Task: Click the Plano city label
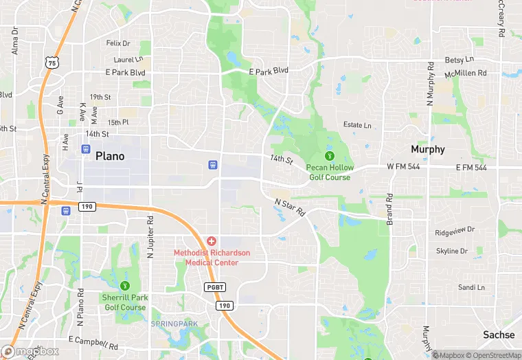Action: pyautogui.click(x=110, y=156)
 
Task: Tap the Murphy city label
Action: pyautogui.click(x=427, y=149)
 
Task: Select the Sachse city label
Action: pyautogui.click(x=499, y=335)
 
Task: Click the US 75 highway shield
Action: pyautogui.click(x=51, y=63)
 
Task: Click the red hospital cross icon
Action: pyautogui.click(x=212, y=241)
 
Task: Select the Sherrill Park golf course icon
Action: pyautogui.click(x=124, y=286)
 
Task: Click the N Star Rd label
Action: pyautogui.click(x=290, y=208)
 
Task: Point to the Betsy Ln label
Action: pyautogui.click(x=459, y=60)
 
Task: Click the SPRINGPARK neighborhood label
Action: pyautogui.click(x=174, y=323)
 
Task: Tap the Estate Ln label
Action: pyautogui.click(x=357, y=126)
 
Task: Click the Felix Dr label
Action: pyautogui.click(x=118, y=43)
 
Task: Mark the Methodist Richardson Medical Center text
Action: pyautogui.click(x=211, y=258)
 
